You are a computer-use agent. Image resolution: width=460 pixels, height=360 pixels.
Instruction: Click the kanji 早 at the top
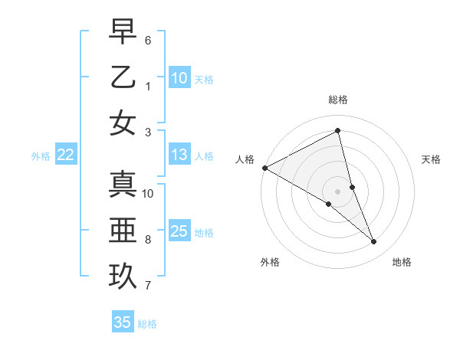click(x=123, y=33)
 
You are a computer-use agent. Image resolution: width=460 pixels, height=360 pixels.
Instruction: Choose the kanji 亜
click(x=123, y=230)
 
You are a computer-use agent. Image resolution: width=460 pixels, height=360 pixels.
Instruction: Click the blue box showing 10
click(x=179, y=78)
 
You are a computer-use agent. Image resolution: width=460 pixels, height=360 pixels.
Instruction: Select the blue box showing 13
click(x=179, y=155)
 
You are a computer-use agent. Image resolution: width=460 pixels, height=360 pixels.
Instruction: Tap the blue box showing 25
click(x=179, y=231)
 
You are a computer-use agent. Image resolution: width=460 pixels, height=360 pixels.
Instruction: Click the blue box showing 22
click(x=66, y=155)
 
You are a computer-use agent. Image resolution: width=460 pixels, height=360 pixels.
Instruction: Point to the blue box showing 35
click(x=123, y=322)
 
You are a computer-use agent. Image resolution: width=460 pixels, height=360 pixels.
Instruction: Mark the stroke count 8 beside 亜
click(x=148, y=239)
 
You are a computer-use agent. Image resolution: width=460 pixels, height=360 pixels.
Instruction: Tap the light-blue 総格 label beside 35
click(x=147, y=324)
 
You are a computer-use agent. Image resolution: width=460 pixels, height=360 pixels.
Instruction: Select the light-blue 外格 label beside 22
click(x=41, y=156)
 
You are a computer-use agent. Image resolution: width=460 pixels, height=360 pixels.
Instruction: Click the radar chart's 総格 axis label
click(x=338, y=100)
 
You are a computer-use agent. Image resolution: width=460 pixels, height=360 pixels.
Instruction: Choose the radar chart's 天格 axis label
click(x=431, y=159)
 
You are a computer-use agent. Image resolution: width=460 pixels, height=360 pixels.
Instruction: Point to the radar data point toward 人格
click(x=264, y=168)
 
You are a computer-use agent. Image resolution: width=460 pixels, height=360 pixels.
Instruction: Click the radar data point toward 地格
click(x=374, y=242)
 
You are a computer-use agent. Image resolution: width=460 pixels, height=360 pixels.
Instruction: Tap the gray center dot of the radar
click(x=338, y=191)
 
